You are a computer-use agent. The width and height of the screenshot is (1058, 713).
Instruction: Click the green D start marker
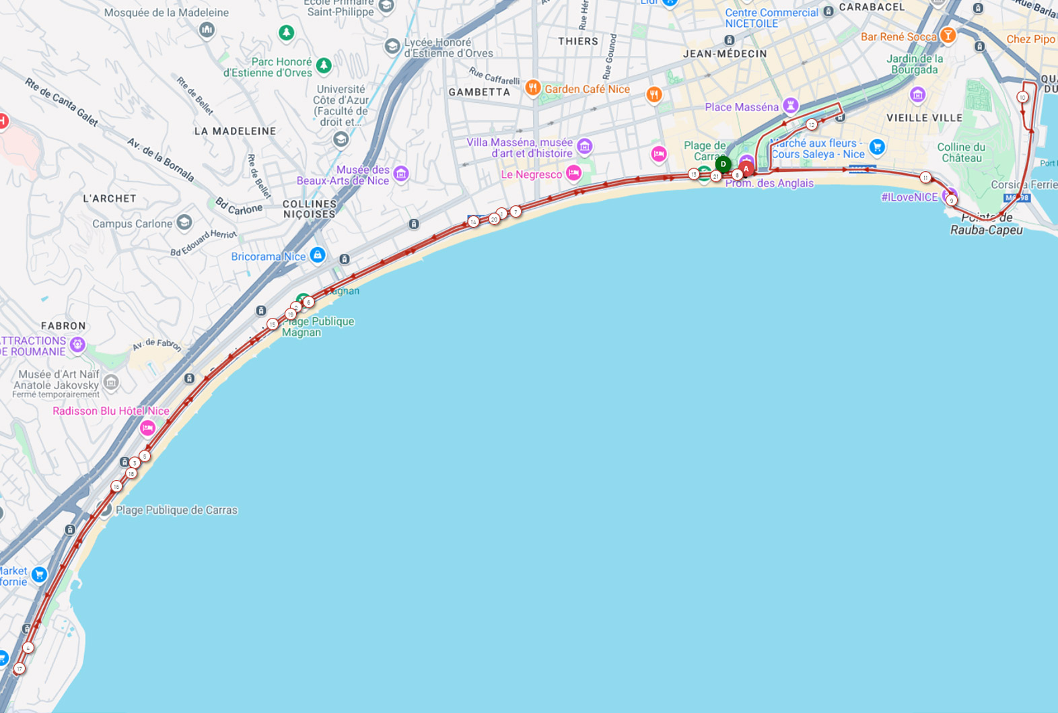[723, 164]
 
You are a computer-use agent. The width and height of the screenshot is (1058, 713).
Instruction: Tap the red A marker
[746, 168]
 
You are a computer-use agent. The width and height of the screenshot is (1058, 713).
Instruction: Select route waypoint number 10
[1022, 97]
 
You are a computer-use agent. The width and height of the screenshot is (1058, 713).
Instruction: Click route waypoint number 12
[812, 125]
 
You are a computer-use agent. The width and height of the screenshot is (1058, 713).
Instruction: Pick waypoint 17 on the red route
[20, 669]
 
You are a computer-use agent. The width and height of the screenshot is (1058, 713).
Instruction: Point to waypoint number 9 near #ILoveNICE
[951, 200]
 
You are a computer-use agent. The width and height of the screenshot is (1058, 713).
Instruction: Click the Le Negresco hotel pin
[573, 173]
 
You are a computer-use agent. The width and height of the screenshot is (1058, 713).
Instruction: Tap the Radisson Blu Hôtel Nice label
[111, 411]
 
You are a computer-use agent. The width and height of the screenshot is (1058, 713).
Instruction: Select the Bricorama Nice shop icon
[318, 254]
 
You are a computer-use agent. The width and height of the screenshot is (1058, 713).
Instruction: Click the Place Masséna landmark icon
[791, 105]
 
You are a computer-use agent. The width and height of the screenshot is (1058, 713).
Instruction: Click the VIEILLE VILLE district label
[924, 118]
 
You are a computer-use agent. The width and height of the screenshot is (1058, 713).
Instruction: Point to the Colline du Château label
[961, 152]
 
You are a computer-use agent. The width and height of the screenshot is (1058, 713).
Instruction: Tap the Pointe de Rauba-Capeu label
[987, 224]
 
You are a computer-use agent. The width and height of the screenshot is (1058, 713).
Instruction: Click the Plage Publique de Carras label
[176, 510]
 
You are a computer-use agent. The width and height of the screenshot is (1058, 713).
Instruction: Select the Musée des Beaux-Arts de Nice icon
[400, 174]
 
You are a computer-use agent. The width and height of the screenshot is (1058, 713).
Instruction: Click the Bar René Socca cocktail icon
[948, 35]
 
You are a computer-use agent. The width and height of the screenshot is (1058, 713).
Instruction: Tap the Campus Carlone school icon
[184, 222]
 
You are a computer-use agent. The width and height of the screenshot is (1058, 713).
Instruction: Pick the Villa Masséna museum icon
[584, 146]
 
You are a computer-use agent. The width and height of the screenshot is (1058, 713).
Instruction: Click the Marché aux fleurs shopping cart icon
[876, 146]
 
